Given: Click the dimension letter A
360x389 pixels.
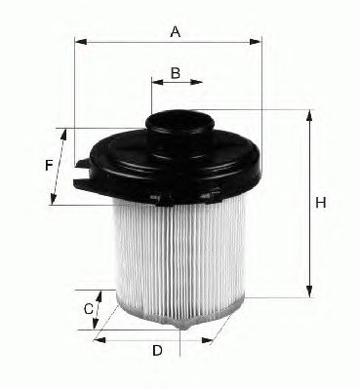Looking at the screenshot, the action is click(x=176, y=32).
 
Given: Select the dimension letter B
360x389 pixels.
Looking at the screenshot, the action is click(x=176, y=73).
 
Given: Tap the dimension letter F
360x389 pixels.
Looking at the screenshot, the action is click(x=49, y=166).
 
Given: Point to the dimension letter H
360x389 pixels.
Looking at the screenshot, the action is click(x=321, y=203).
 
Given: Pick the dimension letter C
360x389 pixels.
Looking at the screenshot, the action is click(x=89, y=309).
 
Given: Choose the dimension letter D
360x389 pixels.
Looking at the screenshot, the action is click(x=157, y=351).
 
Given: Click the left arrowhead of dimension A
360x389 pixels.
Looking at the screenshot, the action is click(x=81, y=42).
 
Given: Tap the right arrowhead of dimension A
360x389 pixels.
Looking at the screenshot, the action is click(x=256, y=42).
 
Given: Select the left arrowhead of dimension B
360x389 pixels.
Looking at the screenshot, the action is click(x=157, y=82).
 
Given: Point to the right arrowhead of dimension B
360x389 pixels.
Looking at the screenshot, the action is click(x=196, y=82).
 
